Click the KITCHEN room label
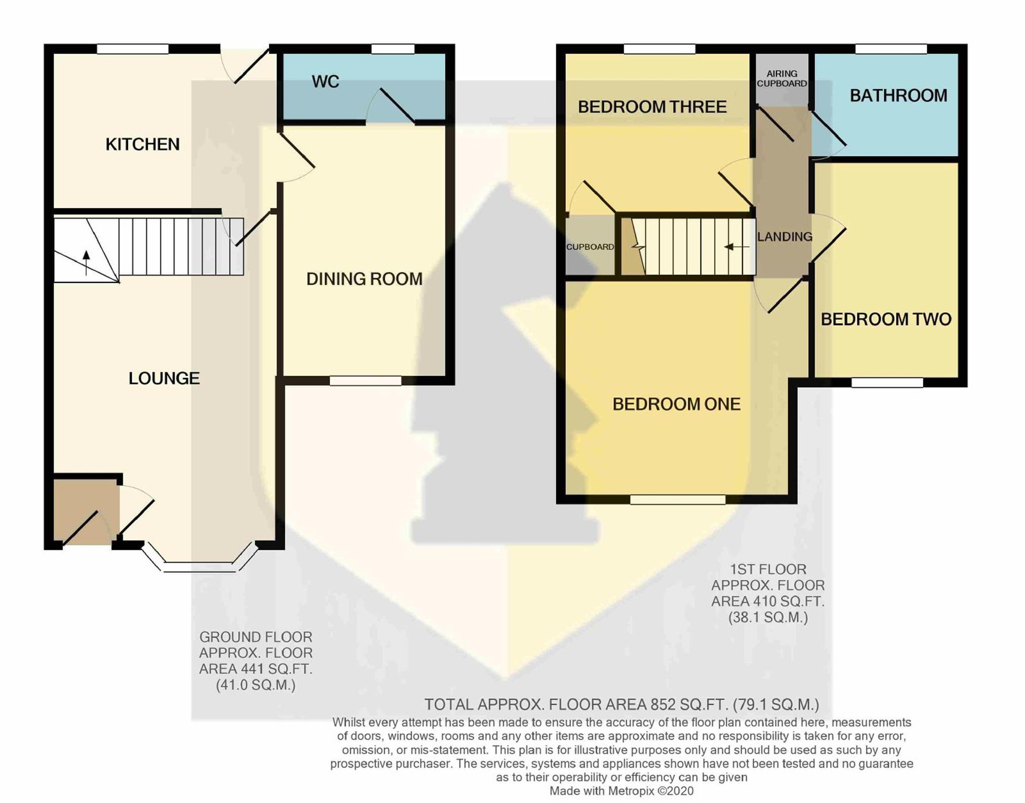pyautogui.click(x=142, y=144)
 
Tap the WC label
pyautogui.click(x=325, y=81)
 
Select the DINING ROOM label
pyautogui.click(x=364, y=279)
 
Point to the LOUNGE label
pyautogui.click(x=164, y=378)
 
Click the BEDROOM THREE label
pyautogui.click(x=652, y=107)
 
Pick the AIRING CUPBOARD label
pyautogui.click(x=782, y=78)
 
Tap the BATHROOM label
pyautogui.click(x=898, y=96)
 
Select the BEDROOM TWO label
pyautogui.click(x=886, y=319)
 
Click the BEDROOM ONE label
pyautogui.click(x=677, y=404)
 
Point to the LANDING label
pyautogui.click(x=785, y=236)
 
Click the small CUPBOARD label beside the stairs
pyautogui.click(x=590, y=247)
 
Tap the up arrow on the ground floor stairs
pyautogui.click(x=87, y=263)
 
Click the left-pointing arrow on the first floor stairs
pyautogui.click(x=736, y=247)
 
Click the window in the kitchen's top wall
pyautogui.click(x=133, y=49)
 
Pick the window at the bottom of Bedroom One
pyautogui.click(x=678, y=499)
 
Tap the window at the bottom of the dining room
pyautogui.click(x=365, y=381)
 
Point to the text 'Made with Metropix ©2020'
pyautogui.click(x=622, y=791)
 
